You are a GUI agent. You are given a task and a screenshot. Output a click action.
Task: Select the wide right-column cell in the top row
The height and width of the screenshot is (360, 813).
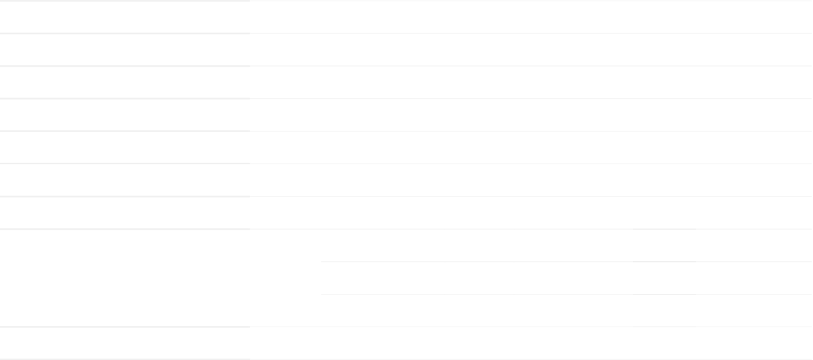(x=531, y=17)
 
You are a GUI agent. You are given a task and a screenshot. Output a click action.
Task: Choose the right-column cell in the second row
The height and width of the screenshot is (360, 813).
(x=531, y=50)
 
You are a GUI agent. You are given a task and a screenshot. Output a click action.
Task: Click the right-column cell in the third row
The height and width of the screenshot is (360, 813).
(x=531, y=82)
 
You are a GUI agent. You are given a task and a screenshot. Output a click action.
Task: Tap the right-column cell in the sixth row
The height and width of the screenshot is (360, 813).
(x=531, y=180)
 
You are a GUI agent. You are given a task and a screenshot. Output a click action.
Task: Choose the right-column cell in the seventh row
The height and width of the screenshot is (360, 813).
(x=531, y=213)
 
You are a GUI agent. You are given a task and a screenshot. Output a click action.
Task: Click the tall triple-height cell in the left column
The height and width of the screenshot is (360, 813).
(x=125, y=278)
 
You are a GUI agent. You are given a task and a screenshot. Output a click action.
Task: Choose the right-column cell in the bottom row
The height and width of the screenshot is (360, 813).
(x=531, y=343)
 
